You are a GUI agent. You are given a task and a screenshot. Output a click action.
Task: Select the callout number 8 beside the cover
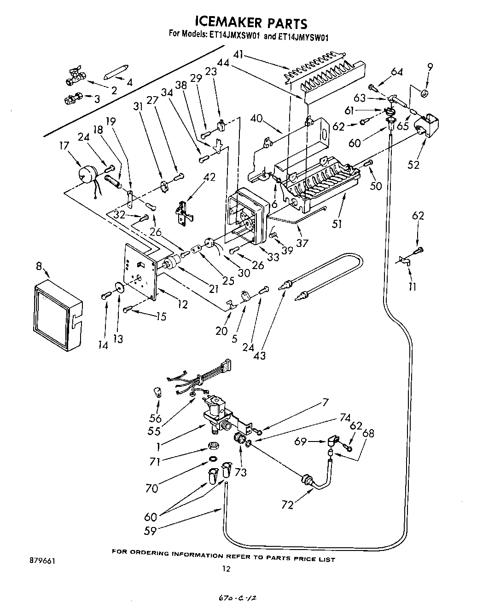(39, 266)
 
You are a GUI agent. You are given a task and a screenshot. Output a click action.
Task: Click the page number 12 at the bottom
(226, 568)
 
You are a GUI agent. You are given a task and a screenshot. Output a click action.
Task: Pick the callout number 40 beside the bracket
(256, 119)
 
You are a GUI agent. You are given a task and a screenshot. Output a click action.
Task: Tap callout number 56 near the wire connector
(156, 418)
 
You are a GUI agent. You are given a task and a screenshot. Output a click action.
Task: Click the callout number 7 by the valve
(325, 402)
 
